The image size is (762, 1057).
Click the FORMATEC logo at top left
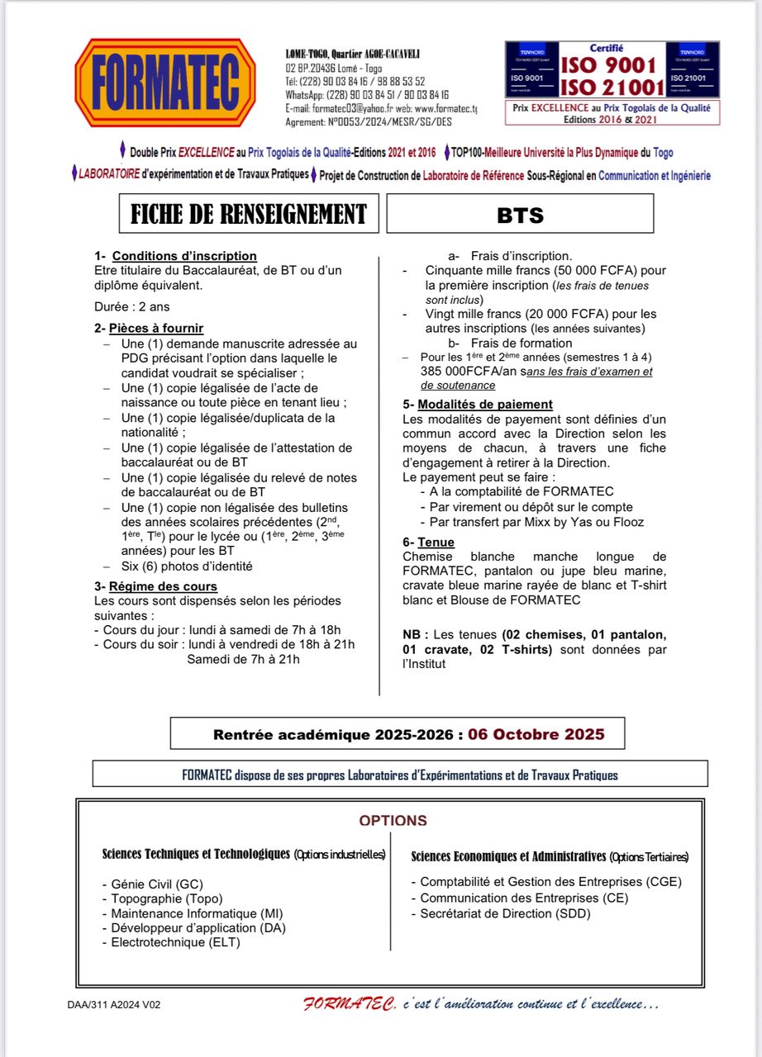[166, 83]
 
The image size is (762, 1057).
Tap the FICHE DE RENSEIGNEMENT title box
[248, 214]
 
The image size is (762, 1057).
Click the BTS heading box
[520, 214]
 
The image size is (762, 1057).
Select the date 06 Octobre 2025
[536, 734]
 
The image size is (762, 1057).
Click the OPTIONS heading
[393, 821]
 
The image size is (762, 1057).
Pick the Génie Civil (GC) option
[156, 884]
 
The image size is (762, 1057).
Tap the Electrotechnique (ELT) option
[175, 942]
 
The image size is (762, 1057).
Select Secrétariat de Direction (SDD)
[505, 913]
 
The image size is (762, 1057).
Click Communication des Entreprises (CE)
[523, 898]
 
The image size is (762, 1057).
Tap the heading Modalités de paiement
[484, 404]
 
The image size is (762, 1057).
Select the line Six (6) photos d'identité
[187, 566]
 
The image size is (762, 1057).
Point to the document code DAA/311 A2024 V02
[114, 1005]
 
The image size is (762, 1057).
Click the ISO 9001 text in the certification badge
[609, 65]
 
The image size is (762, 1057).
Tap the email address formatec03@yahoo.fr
[346, 109]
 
